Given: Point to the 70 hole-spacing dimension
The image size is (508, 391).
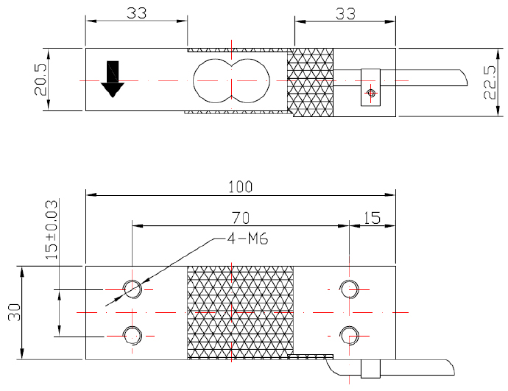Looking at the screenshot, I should click(241, 217).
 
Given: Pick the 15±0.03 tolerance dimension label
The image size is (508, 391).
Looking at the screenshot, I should click(51, 229).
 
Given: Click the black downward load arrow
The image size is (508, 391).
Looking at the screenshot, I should click(112, 79).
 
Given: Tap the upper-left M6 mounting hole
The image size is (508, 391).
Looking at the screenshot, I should click(133, 288).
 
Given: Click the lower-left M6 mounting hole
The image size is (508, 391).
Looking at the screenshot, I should click(133, 336).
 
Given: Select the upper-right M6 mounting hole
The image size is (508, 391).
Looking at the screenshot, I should click(348, 288).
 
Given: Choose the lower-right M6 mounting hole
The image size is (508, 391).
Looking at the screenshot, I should click(348, 336).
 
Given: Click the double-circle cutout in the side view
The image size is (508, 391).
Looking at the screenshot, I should click(230, 80).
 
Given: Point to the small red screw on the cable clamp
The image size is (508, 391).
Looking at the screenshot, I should click(371, 93).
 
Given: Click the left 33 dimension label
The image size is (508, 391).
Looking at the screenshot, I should click(136, 13).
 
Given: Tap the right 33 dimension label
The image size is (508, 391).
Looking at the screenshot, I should click(345, 13).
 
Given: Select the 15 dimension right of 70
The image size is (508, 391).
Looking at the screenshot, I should click(372, 217).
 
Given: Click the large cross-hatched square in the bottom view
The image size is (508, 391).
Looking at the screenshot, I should click(241, 312).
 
